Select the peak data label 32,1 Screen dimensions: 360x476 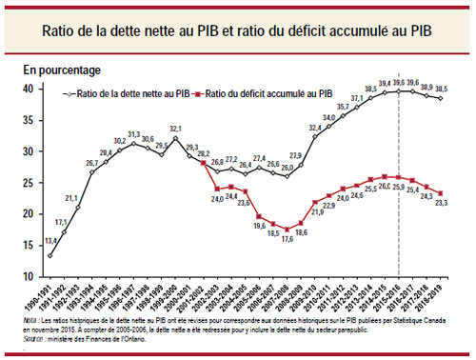coord(176,129)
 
